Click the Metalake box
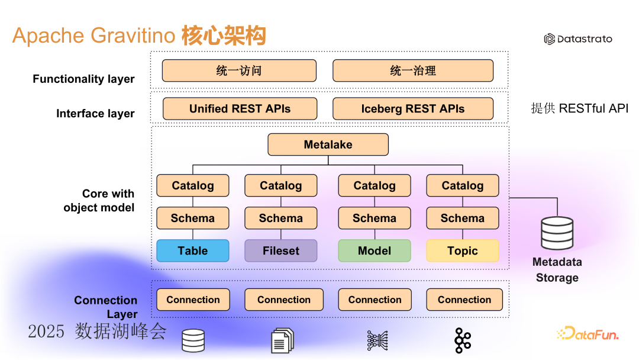click(328, 145)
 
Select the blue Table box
click(193, 250)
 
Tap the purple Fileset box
click(281, 250)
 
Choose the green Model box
click(375, 250)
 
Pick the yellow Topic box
click(463, 250)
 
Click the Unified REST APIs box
click(240, 109)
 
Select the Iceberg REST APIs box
click(413, 109)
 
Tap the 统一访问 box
click(239, 71)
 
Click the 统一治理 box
click(413, 71)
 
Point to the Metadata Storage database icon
click(557, 233)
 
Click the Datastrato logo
click(578, 39)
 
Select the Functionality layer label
click(83, 79)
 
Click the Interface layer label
click(95, 114)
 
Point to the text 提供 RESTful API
click(579, 108)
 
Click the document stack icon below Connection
click(283, 341)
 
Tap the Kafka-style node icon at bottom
click(463, 340)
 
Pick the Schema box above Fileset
click(281, 218)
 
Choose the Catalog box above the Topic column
click(463, 186)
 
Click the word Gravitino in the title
click(133, 36)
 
